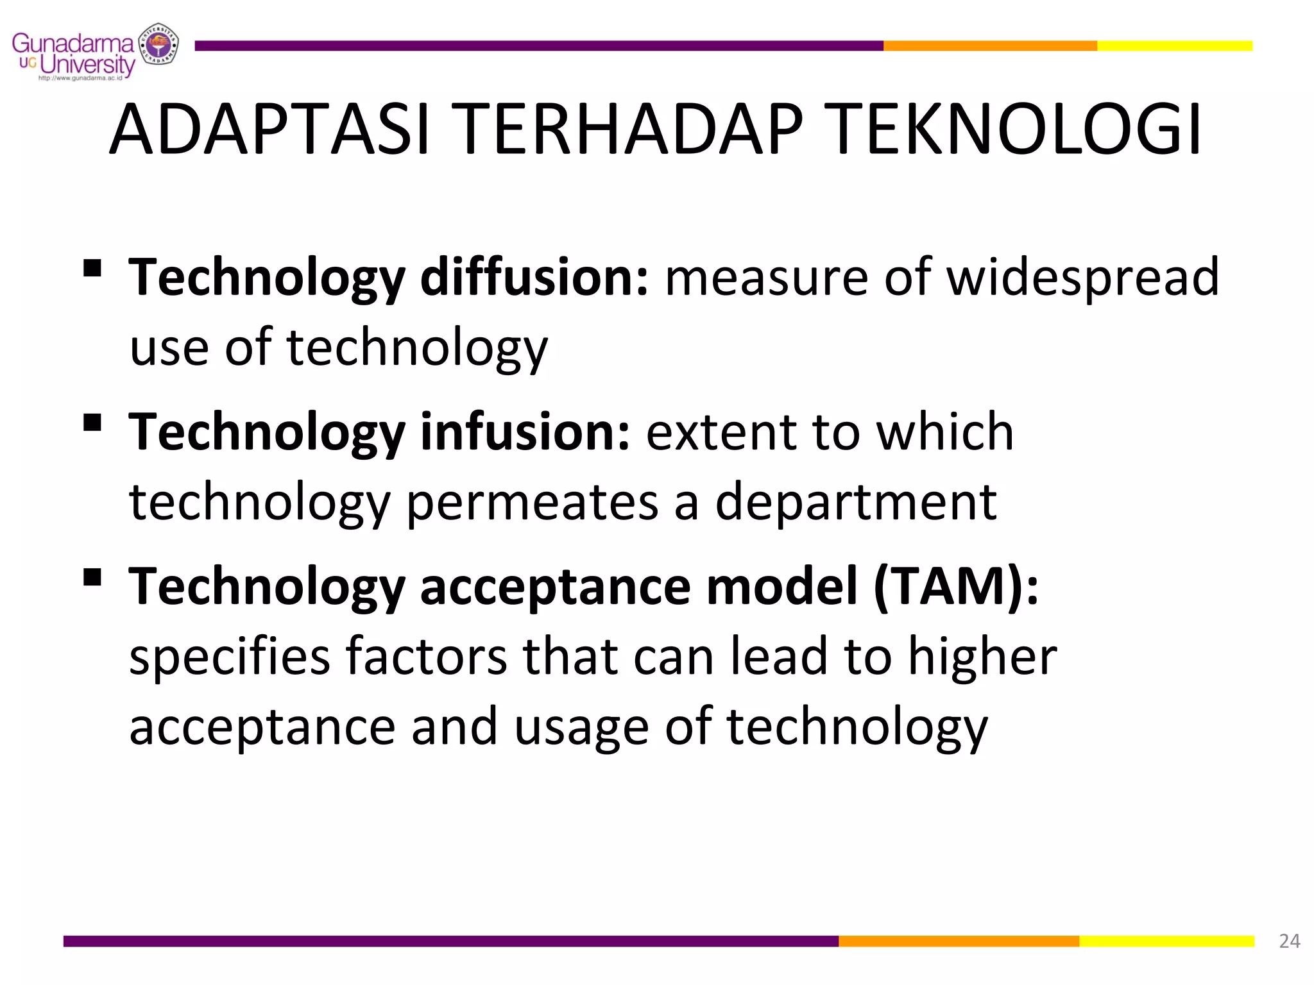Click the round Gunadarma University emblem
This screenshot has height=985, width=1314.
click(158, 45)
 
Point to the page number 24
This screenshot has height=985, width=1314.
click(1289, 941)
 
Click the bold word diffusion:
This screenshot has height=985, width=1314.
click(534, 277)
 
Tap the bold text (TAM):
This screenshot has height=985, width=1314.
click(955, 586)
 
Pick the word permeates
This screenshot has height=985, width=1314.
click(533, 502)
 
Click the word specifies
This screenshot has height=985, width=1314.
click(230, 657)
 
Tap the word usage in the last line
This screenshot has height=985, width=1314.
click(581, 728)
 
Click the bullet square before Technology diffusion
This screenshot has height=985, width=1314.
click(92, 267)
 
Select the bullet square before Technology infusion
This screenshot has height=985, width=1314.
click(92, 423)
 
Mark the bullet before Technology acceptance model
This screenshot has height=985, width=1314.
click(92, 577)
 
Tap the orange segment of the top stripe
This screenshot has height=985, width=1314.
click(989, 46)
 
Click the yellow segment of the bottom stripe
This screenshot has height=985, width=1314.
click(1166, 941)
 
